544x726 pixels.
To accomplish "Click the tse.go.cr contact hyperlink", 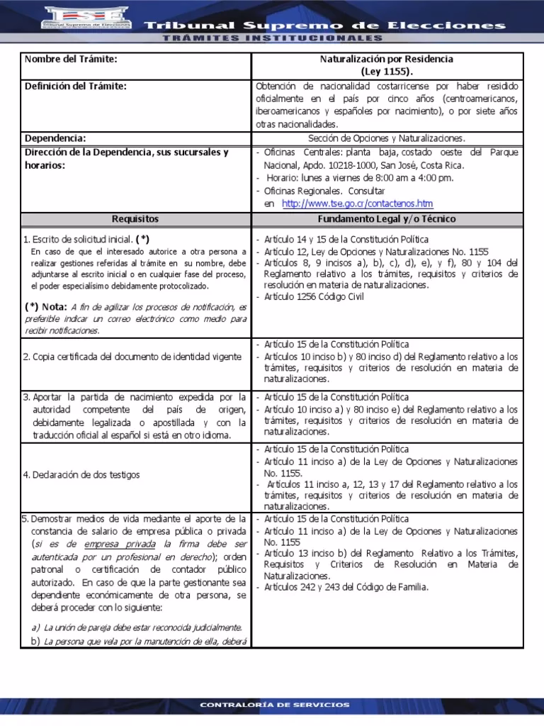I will [x=357, y=203].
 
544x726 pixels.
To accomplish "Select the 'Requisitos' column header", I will [x=135, y=219].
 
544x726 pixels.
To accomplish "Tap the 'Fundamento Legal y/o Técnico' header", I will [x=387, y=219].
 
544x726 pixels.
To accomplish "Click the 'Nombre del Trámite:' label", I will [x=70, y=59].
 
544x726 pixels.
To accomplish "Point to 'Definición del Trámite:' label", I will [x=76, y=86].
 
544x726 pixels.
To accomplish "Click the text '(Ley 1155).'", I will [x=387, y=72].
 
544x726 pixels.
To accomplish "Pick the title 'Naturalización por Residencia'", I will [x=387, y=60].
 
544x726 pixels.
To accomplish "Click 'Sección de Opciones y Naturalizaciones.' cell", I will [x=387, y=139].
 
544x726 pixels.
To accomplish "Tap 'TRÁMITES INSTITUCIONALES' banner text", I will [x=271, y=38].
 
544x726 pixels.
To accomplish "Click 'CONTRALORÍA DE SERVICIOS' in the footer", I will [x=274, y=705].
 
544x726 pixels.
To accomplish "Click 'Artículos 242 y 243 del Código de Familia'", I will [x=346, y=587].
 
